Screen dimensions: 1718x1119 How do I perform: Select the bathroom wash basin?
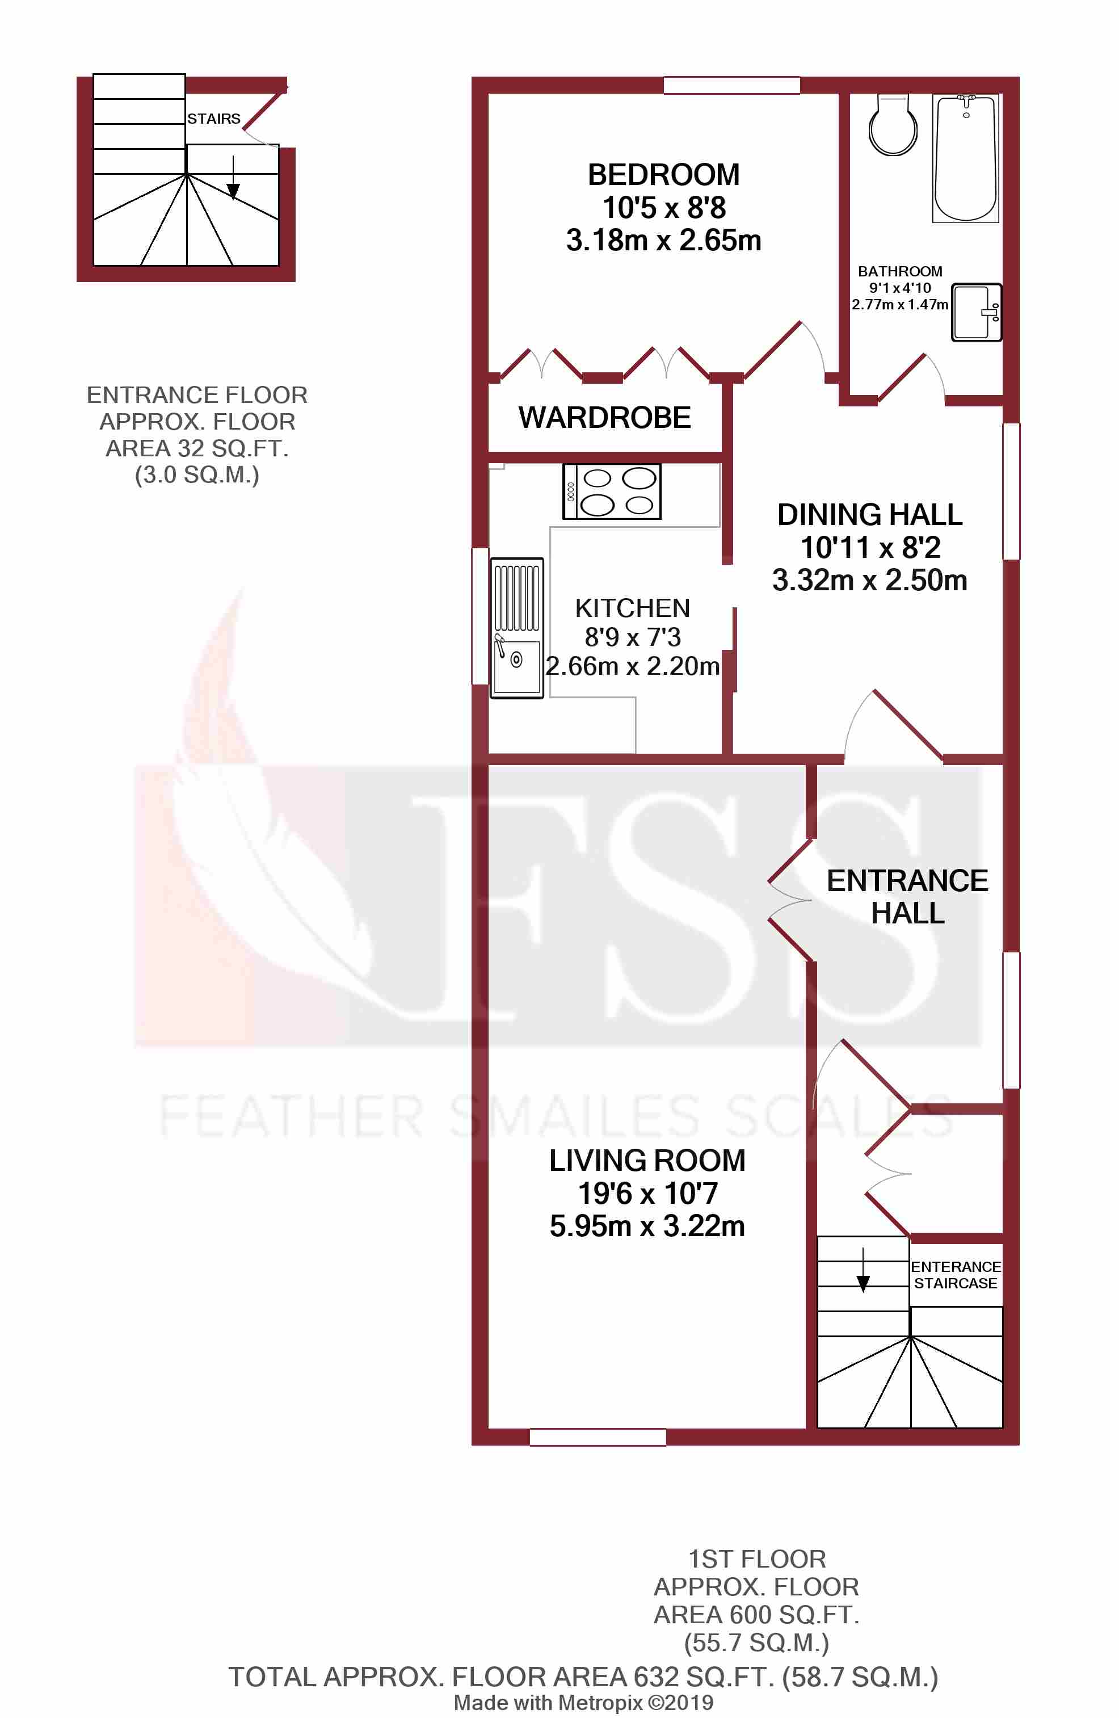point(975,312)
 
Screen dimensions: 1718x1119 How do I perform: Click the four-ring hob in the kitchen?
point(612,492)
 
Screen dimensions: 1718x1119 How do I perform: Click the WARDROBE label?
point(604,418)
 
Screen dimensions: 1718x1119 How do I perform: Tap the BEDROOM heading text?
point(663,175)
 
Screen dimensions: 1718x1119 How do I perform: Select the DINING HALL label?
point(869,515)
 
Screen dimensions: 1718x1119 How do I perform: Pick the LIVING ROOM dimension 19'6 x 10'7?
point(647,1193)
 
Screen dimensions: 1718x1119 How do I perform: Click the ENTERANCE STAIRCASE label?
point(955,1275)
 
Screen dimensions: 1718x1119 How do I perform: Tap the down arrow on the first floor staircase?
point(863,1276)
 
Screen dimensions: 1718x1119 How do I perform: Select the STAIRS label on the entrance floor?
point(214,119)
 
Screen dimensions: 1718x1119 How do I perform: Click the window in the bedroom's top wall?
point(731,85)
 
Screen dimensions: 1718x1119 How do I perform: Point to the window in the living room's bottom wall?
point(598,1436)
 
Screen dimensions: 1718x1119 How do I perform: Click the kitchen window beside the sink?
point(479,616)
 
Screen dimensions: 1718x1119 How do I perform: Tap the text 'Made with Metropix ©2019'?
point(583,1702)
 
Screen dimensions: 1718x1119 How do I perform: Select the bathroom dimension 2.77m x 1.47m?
point(899,305)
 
